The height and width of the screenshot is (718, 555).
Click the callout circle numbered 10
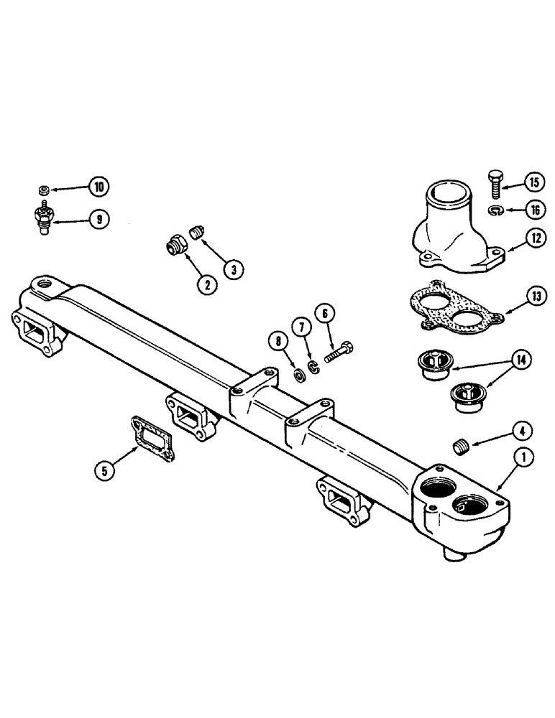[x=98, y=187]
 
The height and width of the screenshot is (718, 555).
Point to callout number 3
[x=234, y=269]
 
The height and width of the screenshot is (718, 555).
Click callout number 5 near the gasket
[x=106, y=471]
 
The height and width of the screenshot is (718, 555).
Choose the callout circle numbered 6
[x=325, y=312]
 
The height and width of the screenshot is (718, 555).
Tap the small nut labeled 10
[x=44, y=190]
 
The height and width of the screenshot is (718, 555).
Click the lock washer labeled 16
[x=495, y=210]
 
